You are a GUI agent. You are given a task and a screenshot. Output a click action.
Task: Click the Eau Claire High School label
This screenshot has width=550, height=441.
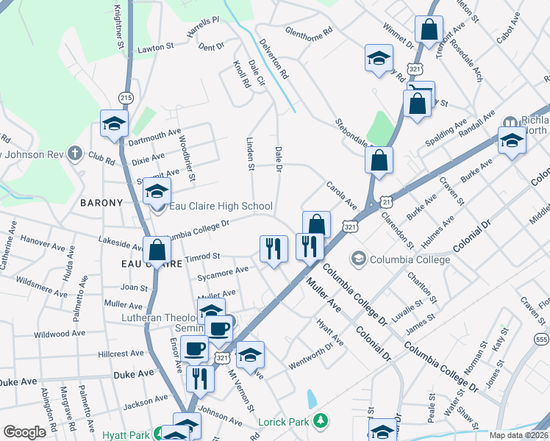[221, 207]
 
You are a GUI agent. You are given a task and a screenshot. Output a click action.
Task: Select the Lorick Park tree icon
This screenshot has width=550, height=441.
[320, 421]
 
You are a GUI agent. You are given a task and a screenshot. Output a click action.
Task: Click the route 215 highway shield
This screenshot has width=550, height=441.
[126, 98]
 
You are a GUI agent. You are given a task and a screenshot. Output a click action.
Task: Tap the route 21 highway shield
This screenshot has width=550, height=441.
[387, 199]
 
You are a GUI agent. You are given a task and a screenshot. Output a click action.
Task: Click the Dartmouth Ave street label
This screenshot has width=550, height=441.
[154, 137]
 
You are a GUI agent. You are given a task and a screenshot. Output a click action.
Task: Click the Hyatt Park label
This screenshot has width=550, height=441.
[124, 434]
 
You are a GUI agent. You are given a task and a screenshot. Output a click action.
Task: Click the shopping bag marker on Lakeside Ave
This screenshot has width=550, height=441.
[157, 250]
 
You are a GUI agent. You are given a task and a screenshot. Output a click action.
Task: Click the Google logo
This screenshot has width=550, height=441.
[24, 432]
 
